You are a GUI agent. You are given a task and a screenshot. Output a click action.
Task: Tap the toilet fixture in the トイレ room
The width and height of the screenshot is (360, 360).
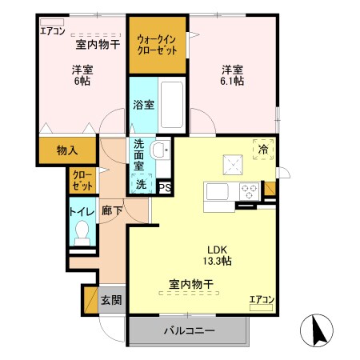[x=81, y=233]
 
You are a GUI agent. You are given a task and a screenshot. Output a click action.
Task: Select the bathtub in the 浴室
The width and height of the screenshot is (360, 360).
[x=172, y=104]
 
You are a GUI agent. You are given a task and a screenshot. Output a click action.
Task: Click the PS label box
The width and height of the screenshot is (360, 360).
[x=165, y=188]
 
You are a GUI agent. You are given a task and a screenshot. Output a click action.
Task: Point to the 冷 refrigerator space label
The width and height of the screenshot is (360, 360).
[x=262, y=148]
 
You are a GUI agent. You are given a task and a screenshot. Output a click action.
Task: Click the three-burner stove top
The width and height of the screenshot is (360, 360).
[x=248, y=193]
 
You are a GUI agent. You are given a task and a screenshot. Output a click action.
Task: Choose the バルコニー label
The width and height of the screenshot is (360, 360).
[x=189, y=330]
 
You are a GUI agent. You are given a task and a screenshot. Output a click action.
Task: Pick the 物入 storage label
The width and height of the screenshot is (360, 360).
[x=67, y=150]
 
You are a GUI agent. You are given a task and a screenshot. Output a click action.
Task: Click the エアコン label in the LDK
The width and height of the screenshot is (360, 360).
[x=262, y=300]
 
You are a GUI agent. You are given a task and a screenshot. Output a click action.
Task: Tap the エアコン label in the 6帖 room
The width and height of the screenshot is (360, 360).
[x=52, y=31]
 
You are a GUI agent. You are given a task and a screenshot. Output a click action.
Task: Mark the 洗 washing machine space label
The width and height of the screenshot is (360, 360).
[x=141, y=183]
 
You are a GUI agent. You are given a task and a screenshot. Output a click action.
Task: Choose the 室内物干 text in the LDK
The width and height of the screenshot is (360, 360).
[x=190, y=283]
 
